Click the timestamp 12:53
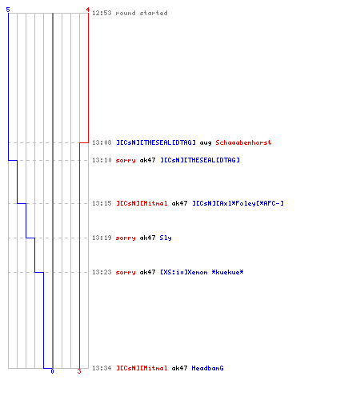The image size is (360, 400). coord(102,13)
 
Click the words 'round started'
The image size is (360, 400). coord(142,13)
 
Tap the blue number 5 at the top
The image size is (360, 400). coord(8,10)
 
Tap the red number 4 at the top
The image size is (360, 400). coord(88,10)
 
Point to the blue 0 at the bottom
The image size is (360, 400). coord(52,371)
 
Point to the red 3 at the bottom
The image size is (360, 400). coord(79,371)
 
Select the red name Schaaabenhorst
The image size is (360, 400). coord(243,142)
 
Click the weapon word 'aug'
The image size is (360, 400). coord(206,143)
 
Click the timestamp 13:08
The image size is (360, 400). coord(102,142)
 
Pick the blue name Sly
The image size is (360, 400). coord(166,238)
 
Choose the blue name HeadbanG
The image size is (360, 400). coord(207,368)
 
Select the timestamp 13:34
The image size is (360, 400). coord(102,368)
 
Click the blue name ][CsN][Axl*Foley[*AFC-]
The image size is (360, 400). coord(238,203)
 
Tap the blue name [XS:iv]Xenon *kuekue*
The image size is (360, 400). coord(202,272)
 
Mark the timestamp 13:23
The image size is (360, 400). coord(102,272)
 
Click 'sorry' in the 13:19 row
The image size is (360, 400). coord(126,238)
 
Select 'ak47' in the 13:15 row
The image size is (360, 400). coord(179,203)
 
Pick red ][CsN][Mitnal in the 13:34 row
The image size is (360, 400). coord(142,368)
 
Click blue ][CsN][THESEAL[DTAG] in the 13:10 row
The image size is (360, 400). coord(200,160)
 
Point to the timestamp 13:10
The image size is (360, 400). coord(102,160)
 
